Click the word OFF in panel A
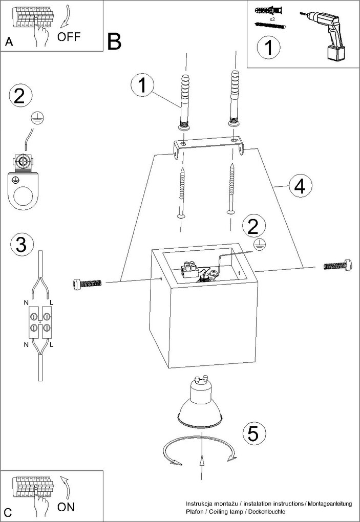(69, 36)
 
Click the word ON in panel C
(66, 507)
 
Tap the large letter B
(114, 41)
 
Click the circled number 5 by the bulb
(253, 434)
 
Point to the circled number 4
(300, 186)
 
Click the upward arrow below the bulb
(203, 463)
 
